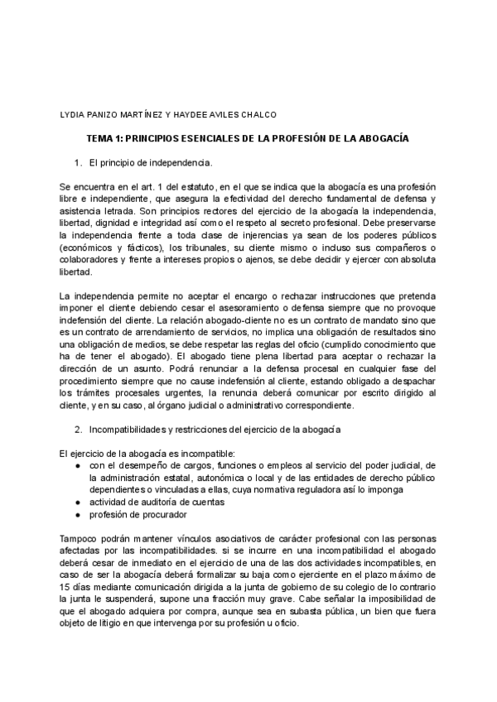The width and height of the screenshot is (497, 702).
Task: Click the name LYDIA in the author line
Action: [75, 115]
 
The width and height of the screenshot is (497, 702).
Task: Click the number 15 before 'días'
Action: [66, 587]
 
